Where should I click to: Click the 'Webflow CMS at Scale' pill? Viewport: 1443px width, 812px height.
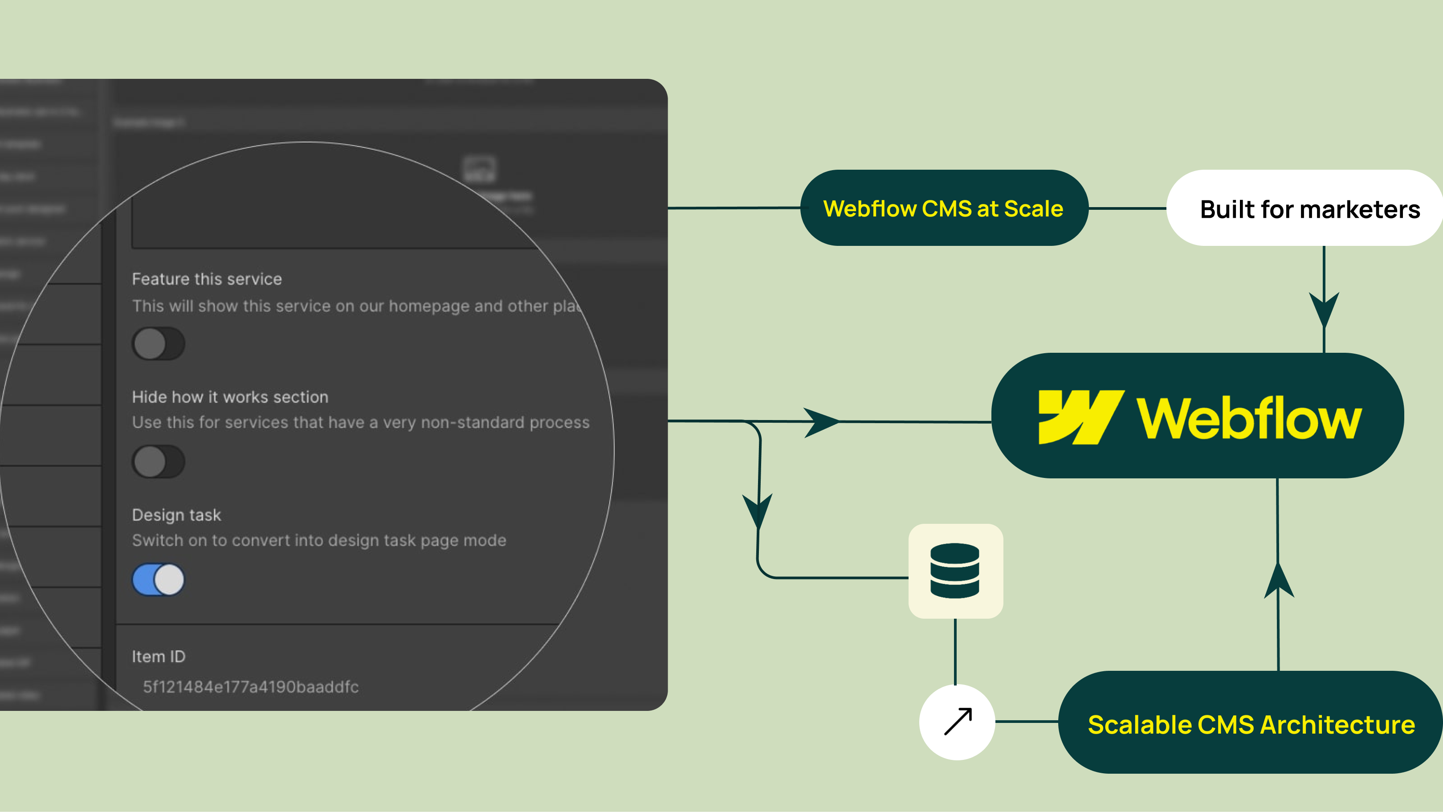pyautogui.click(x=943, y=208)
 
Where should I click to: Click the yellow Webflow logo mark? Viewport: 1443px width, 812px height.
pyautogui.click(x=1080, y=417)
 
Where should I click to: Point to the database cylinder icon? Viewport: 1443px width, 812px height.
pyautogui.click(x=955, y=571)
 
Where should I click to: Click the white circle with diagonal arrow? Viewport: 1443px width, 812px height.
pyautogui.click(x=957, y=722)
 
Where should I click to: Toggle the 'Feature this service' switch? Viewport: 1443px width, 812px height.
pyautogui.click(x=158, y=343)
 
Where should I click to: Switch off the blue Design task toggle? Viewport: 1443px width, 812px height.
pyautogui.click(x=158, y=579)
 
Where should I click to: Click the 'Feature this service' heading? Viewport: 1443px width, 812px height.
pyautogui.click(x=207, y=279)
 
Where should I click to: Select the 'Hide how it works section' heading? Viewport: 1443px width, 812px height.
pyautogui.click(x=230, y=397)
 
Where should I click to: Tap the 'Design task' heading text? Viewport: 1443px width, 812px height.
pyautogui.click(x=176, y=515)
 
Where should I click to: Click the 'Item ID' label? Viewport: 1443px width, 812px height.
pyautogui.click(x=159, y=656)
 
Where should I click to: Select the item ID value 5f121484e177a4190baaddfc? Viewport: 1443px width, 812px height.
pyautogui.click(x=250, y=686)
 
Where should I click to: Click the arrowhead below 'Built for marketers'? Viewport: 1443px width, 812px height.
pyautogui.click(x=1324, y=308)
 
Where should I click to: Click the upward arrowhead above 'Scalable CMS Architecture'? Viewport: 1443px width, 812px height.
pyautogui.click(x=1278, y=581)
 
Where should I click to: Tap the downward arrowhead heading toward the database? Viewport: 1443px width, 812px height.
pyautogui.click(x=757, y=510)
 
